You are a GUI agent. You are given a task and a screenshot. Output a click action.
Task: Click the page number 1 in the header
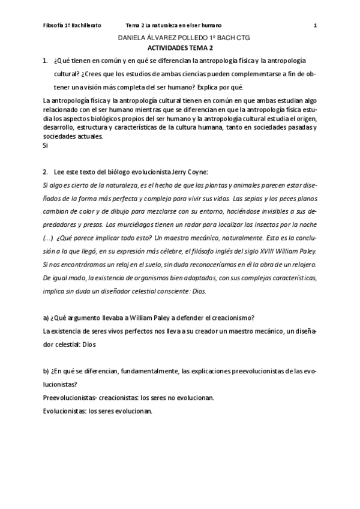pyautogui.click(x=315, y=25)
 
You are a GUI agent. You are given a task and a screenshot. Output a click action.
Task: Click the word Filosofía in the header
pyautogui.click(x=56, y=25)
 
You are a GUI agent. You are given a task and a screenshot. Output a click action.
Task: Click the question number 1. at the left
pyautogui.click(x=46, y=61)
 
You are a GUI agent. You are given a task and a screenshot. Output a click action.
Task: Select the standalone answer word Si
pyautogui.click(x=46, y=145)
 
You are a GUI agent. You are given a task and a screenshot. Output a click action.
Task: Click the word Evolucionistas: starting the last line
pyautogui.click(x=65, y=411)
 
